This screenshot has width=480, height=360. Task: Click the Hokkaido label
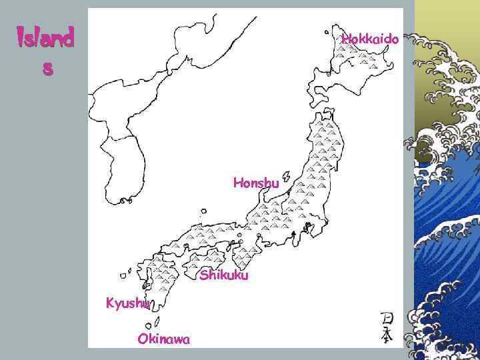coord(370,39)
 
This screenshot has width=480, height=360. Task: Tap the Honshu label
coord(256,183)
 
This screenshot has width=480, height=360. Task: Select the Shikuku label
coord(224,275)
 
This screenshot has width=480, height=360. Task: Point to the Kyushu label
coord(129,303)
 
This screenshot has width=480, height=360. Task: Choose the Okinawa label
coord(163,339)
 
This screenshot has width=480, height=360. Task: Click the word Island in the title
coord(45,38)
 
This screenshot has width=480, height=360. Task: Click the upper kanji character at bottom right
coord(386,319)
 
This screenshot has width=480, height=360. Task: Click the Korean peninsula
coord(120,167)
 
